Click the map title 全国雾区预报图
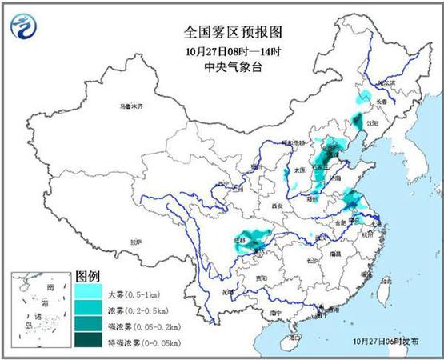click(222, 33)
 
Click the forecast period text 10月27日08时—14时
click(222, 52)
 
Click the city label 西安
click(278, 206)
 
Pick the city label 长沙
click(313, 260)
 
